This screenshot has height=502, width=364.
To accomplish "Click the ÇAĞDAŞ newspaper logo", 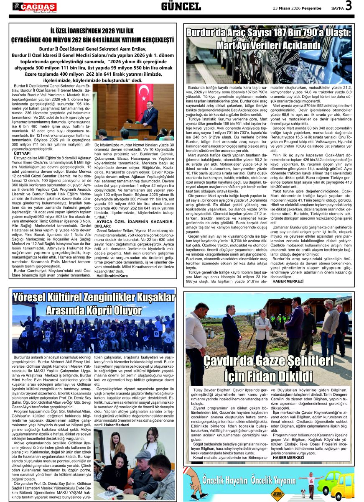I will click(35, 7).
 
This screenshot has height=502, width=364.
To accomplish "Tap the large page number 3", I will click(349, 6).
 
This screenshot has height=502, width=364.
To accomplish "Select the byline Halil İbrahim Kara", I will click(112, 276).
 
